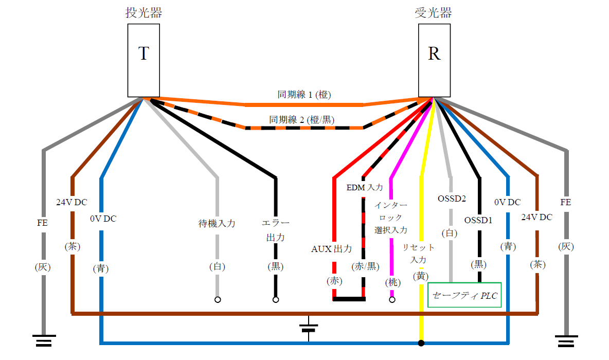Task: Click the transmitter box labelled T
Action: coord(144,60)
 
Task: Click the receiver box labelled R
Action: coord(434,60)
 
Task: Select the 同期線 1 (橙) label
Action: coord(304,95)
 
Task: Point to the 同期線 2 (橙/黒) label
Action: coord(302,120)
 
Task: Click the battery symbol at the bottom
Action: coord(309,329)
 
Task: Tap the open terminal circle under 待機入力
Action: coord(218,299)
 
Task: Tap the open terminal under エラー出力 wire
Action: coord(276,299)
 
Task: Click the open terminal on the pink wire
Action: coord(392,299)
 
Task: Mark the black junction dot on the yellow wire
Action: coord(421,343)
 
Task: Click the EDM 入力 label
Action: coord(365,187)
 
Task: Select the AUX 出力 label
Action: coord(332,249)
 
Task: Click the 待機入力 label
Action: coord(217,224)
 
